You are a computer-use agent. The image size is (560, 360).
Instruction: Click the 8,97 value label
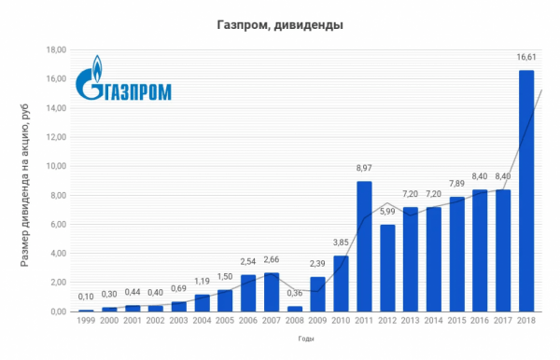365,169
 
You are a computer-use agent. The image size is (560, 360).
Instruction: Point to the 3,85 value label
342,243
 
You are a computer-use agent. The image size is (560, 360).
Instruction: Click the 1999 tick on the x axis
88,321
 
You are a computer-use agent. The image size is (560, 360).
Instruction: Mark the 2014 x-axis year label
434,321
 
